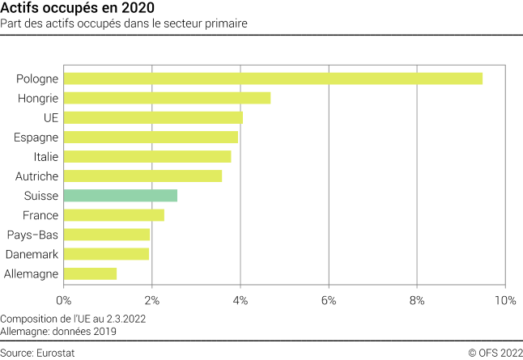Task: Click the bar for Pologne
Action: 273,78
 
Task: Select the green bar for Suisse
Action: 121,196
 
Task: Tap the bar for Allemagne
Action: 90,273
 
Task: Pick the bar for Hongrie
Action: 167,98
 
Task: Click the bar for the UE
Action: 153,118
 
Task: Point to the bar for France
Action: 114,215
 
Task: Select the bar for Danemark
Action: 106,254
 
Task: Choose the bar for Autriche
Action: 142,176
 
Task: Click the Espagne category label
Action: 36,138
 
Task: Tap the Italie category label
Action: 45,157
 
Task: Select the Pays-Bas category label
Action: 32,235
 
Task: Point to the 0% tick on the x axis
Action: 63,300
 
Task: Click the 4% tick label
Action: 240,300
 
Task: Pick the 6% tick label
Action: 328,300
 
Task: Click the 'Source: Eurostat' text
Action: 34,353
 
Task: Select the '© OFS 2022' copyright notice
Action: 495,353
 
